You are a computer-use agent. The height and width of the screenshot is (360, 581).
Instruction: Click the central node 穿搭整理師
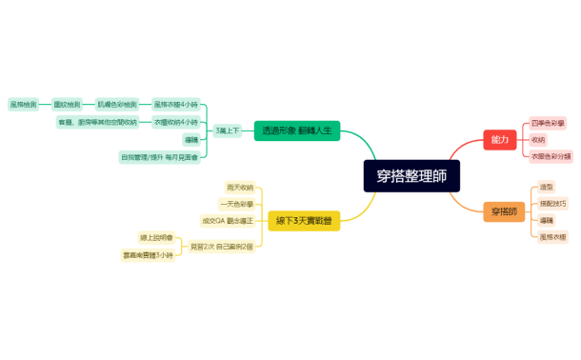[411, 176]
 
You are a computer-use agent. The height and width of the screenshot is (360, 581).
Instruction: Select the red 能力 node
[500, 139]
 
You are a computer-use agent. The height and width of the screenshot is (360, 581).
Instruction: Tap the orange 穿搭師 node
[504, 210]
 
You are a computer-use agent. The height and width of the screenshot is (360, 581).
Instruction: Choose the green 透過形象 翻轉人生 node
[296, 130]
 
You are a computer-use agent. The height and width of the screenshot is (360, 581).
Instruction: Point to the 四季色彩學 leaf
[548, 123]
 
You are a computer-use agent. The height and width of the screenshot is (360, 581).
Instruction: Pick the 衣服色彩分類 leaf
[551, 155]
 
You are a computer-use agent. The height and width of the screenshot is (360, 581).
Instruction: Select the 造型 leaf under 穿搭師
[546, 187]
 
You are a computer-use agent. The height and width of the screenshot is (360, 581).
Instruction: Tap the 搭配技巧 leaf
[551, 203]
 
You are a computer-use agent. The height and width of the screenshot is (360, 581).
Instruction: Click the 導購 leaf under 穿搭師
[546, 219]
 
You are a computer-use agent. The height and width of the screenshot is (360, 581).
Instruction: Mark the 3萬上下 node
[228, 130]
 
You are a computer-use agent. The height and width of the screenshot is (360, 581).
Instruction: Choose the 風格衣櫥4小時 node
[175, 103]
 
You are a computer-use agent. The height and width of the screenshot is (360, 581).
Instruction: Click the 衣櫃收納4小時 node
[176, 122]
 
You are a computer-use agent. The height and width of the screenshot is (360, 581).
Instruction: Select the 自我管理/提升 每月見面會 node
[159, 156]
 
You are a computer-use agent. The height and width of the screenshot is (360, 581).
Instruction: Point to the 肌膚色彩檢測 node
[117, 103]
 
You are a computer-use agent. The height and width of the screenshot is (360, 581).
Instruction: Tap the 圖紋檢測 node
[67, 103]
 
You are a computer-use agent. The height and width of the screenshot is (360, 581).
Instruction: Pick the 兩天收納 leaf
[240, 188]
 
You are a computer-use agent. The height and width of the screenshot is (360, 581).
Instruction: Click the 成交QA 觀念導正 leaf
[227, 220]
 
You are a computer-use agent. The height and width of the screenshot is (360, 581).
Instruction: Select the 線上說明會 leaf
[156, 236]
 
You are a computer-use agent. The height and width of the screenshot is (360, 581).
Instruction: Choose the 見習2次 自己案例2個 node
[221, 246]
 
